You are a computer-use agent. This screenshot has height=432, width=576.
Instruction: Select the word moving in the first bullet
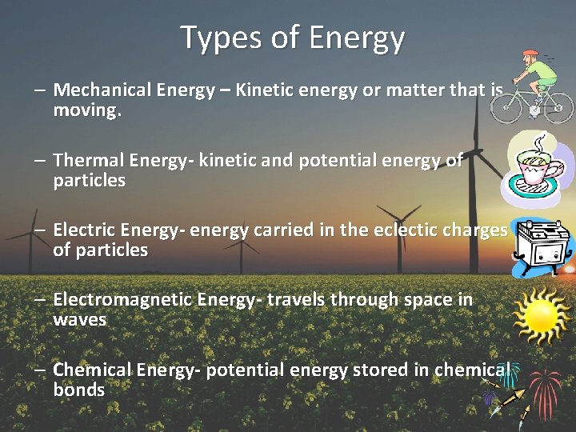(86, 110)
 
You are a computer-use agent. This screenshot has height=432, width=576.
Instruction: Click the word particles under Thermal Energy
(89, 181)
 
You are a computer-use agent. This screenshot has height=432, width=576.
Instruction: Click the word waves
(79, 320)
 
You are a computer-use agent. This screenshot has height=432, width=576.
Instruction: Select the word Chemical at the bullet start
(92, 370)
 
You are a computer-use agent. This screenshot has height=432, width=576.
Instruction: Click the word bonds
(78, 390)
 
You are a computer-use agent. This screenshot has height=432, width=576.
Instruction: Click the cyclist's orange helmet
(530, 55)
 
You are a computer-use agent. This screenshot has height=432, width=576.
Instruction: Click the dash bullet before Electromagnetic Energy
(39, 301)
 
